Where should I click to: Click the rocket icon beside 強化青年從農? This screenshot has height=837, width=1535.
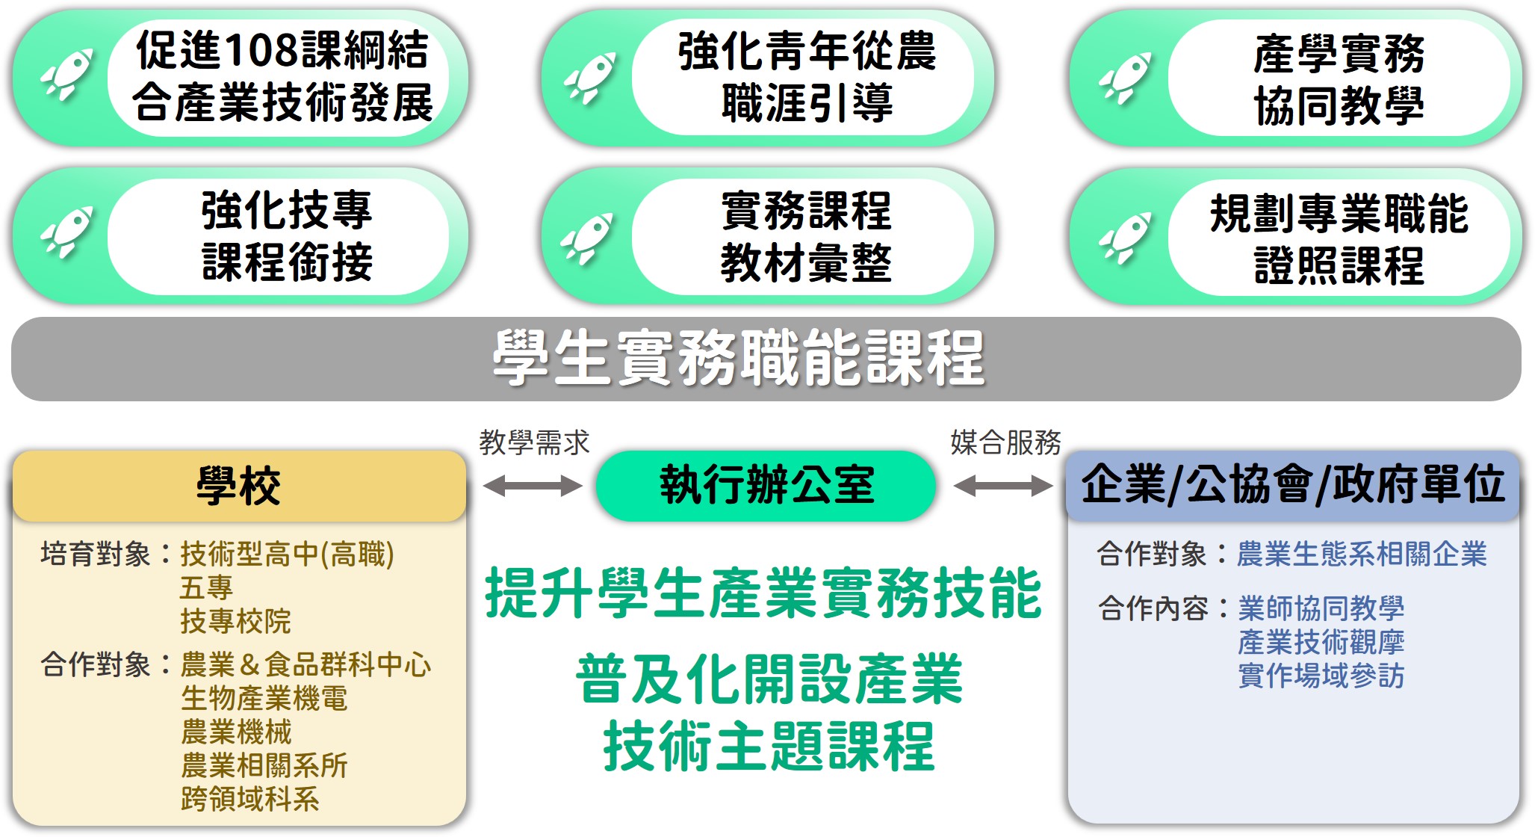pos(590,77)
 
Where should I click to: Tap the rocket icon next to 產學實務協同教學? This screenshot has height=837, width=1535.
pos(1125,77)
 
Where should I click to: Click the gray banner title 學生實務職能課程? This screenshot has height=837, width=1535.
pos(738,359)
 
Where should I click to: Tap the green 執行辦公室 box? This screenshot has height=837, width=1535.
pos(766,486)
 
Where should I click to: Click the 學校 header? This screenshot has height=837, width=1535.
pos(239,486)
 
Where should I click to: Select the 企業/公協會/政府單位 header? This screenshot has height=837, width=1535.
pos(1292,484)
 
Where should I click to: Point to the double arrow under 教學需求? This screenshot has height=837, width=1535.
pos(532,486)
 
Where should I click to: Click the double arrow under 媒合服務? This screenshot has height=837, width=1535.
pos(1003,486)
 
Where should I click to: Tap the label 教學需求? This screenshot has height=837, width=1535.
pos(534,442)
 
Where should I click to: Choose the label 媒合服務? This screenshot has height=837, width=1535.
pos(1005,442)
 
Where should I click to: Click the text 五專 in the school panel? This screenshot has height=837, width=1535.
pos(206,587)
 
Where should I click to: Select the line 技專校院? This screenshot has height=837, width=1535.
pos(235,621)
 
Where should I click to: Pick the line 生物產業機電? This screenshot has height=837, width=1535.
pos(264,698)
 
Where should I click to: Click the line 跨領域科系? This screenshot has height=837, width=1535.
pos(249,799)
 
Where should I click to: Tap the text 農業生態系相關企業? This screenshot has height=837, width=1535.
pos(1361,554)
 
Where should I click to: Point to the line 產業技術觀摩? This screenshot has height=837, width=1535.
pos(1321,642)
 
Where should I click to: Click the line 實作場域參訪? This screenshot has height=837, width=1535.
pos(1321,676)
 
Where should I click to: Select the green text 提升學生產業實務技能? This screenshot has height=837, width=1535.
pos(763,593)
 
